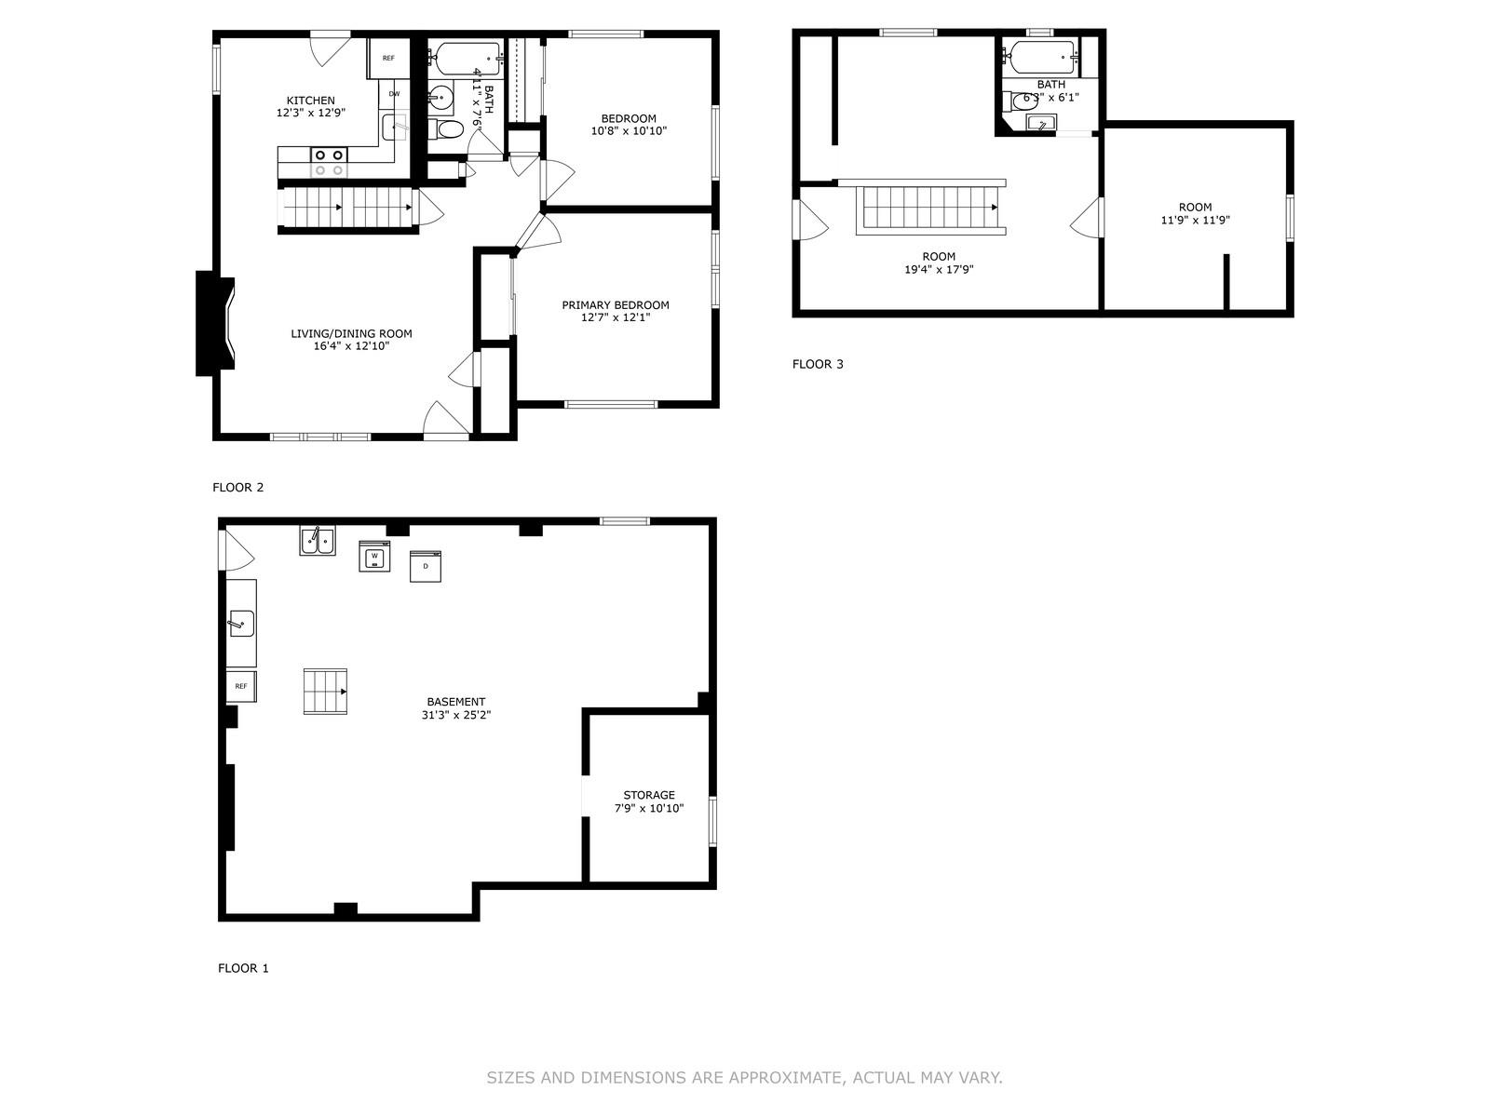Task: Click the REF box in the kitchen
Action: click(x=388, y=59)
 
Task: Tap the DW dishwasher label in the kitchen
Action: click(x=394, y=94)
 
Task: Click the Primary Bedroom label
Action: click(x=615, y=305)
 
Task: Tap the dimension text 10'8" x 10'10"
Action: click(x=629, y=131)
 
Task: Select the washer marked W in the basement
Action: click(x=374, y=556)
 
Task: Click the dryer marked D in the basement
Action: click(x=426, y=566)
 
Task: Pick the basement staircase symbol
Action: click(x=325, y=691)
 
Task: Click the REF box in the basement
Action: click(x=241, y=686)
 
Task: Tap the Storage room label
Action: click(x=649, y=795)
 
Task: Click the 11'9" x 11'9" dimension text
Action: click(x=1195, y=221)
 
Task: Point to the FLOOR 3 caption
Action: click(x=818, y=364)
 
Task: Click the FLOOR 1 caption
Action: click(x=243, y=968)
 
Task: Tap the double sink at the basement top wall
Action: click(x=318, y=541)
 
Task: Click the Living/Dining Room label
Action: click(x=351, y=333)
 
